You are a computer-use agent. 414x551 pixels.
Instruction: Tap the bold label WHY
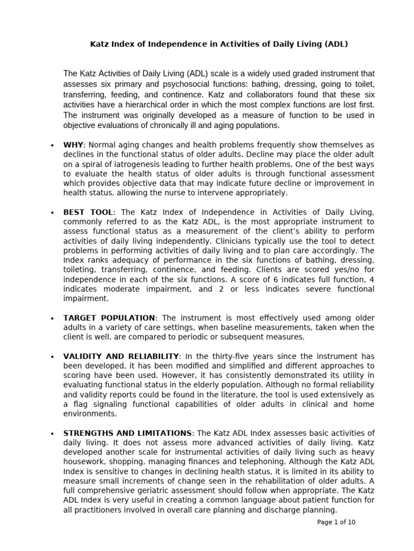(74, 145)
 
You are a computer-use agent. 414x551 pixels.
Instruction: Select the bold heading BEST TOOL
(88, 213)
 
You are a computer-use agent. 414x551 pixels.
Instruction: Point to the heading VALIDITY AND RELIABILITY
(121, 356)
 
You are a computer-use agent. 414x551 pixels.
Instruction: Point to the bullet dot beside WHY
(52, 146)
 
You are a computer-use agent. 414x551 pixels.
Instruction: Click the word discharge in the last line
(276, 511)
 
